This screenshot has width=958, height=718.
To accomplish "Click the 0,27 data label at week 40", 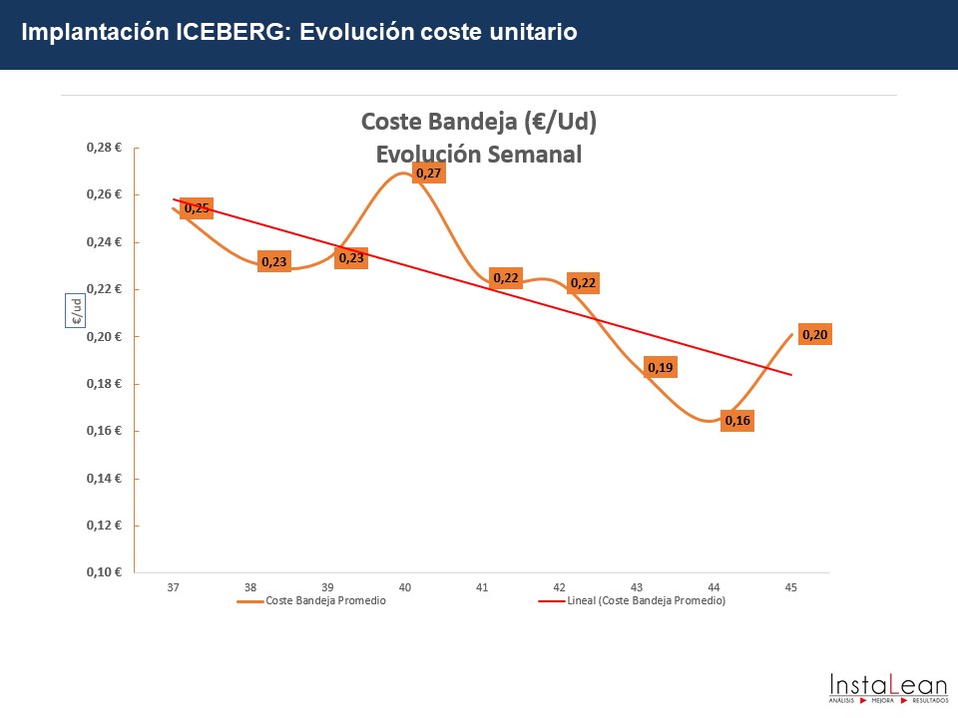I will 429,174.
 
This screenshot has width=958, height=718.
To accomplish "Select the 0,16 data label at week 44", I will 737,421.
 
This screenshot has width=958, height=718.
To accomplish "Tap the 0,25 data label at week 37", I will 197,208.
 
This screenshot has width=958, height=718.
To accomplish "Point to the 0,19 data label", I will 661,368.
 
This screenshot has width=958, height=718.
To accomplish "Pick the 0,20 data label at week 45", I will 815,335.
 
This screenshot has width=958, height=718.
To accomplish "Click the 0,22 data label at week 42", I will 583,283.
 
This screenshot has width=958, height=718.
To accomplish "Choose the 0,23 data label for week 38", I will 273,262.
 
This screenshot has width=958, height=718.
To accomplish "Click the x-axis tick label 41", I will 482,587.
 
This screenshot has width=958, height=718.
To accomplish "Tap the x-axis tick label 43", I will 637,587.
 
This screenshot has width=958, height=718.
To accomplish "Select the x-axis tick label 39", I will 327,587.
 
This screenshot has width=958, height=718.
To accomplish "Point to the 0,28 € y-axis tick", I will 104,148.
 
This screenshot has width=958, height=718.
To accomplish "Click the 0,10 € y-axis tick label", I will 104,572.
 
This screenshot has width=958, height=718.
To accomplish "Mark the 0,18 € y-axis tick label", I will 104,384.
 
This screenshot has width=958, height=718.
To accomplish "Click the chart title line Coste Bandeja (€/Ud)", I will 479,122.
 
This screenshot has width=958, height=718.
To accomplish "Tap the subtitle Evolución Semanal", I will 479,155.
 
